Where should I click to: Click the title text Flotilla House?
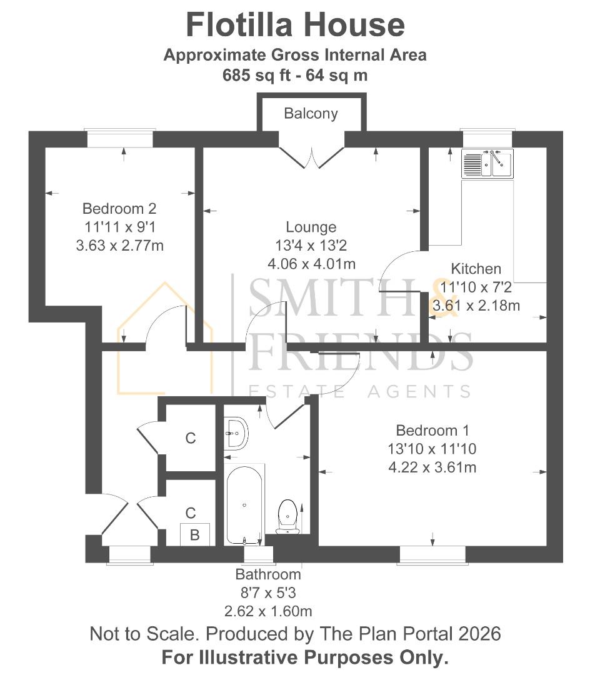[295, 26]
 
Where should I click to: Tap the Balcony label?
[311, 113]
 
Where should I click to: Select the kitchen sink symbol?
[487, 164]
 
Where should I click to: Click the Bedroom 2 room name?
[119, 208]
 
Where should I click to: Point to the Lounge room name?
[311, 227]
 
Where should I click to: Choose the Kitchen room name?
[476, 269]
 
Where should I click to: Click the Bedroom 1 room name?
[432, 431]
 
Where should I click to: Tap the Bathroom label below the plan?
[268, 574]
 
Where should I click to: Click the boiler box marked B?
[194, 535]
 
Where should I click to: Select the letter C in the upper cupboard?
[191, 438]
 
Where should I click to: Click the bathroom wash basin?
[236, 432]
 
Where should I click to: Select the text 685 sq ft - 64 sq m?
[295, 75]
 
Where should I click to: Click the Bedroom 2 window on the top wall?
[120, 138]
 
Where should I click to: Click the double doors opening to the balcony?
[311, 154]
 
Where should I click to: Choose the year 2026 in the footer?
[477, 634]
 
